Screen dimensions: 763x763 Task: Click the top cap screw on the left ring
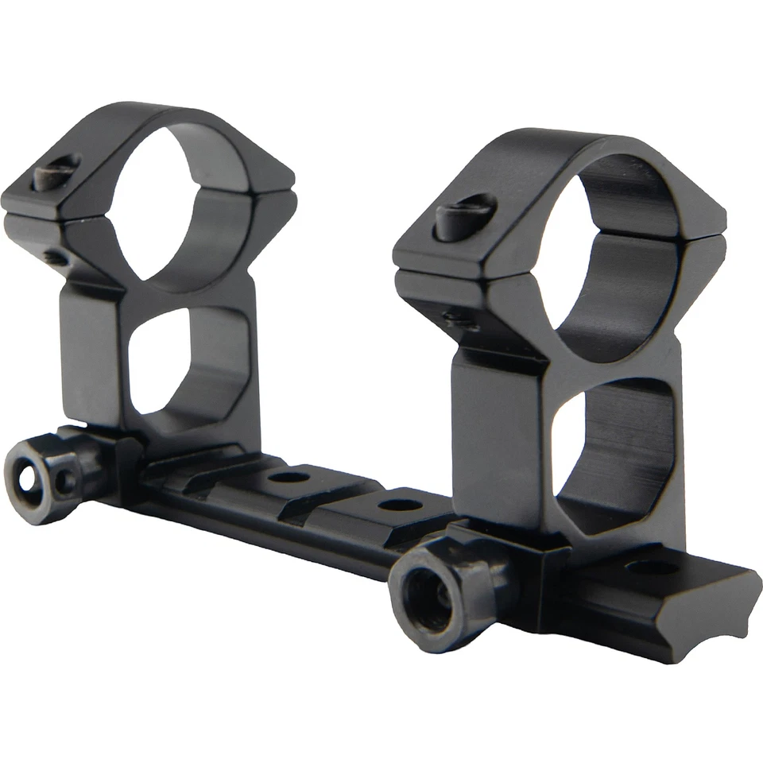click(x=56, y=172)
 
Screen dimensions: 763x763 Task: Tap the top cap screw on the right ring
click(x=465, y=215)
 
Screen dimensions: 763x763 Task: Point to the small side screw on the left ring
click(x=56, y=258)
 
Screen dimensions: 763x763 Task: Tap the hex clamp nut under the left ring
click(x=48, y=478)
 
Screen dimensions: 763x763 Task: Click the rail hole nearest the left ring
click(x=288, y=478)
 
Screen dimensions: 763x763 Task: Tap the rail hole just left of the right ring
click(x=400, y=505)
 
